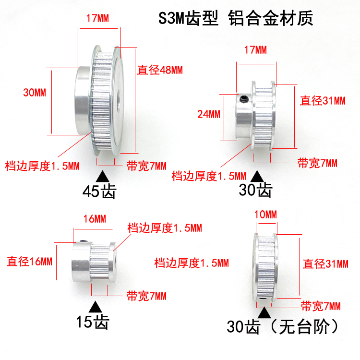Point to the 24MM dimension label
[208, 114]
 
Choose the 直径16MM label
[29, 262]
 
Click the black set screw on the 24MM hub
[243, 100]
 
